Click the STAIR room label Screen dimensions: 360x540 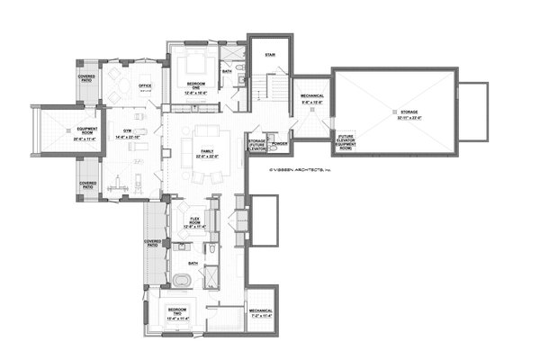268,53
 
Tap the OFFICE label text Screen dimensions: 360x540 144,87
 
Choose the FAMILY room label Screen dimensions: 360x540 207,154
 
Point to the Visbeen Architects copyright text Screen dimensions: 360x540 300,168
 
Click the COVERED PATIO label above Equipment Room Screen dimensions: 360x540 87,78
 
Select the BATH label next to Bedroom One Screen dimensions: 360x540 227,71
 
